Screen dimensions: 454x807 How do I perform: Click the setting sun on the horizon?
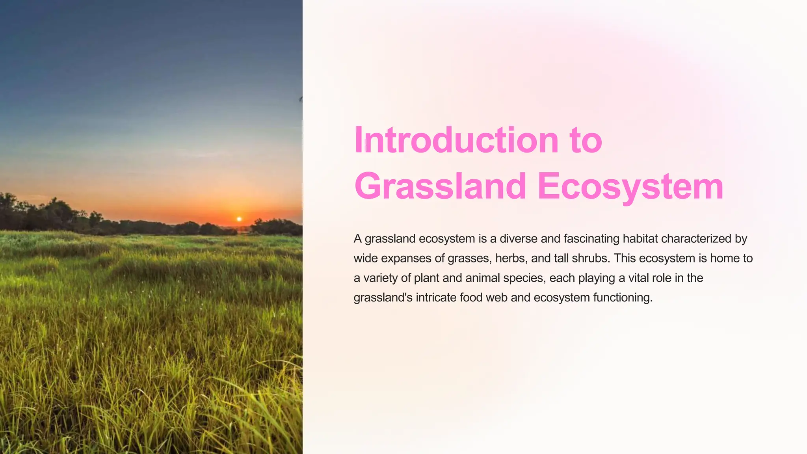(x=239, y=219)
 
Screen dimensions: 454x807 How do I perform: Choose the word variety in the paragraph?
(x=380, y=278)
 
